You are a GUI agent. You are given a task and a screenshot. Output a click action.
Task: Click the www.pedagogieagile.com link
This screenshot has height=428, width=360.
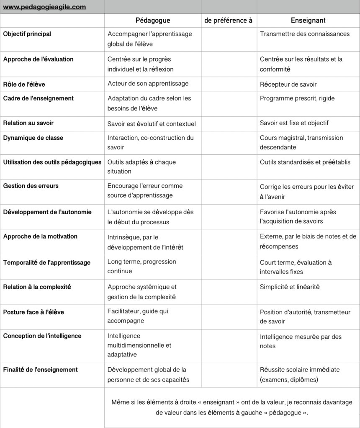(x=44, y=7)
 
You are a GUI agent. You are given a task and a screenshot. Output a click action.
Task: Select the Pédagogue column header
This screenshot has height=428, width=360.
(x=153, y=20)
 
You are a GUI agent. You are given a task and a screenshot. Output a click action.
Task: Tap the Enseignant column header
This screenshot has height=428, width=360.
(x=308, y=20)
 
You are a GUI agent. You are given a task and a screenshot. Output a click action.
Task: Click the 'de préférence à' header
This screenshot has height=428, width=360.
(x=228, y=20)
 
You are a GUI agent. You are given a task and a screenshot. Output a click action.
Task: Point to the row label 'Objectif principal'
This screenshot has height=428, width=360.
(x=27, y=34)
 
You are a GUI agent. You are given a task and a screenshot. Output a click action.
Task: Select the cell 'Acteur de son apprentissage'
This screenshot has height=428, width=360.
(x=148, y=84)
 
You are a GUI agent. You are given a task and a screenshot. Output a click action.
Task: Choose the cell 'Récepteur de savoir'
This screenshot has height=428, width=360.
(x=288, y=85)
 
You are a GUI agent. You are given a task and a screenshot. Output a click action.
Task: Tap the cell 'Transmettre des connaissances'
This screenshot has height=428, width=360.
(x=305, y=34)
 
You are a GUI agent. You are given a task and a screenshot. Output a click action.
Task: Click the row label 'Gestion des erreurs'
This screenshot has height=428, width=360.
(x=31, y=186)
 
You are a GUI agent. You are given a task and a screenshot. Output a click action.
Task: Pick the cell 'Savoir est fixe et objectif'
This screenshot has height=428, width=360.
(x=294, y=123)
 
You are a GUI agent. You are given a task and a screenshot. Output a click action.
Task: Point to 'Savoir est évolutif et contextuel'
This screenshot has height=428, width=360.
(x=152, y=124)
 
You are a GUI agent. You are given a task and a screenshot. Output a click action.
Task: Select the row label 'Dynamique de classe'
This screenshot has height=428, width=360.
(x=33, y=138)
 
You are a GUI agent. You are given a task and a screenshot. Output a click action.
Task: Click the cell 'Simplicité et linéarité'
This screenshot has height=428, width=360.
(x=290, y=287)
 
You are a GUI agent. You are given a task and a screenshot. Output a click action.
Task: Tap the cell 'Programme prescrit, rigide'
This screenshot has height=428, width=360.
(x=297, y=98)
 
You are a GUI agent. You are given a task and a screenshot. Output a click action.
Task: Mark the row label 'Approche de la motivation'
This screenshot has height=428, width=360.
(x=40, y=236)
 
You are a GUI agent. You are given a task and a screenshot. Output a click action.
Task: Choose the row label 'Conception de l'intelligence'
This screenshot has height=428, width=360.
(x=42, y=336)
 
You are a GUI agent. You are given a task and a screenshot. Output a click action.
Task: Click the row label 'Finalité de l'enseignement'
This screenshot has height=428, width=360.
(x=41, y=370)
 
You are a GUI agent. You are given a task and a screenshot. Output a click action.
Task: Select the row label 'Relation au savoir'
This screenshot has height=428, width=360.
(x=28, y=123)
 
